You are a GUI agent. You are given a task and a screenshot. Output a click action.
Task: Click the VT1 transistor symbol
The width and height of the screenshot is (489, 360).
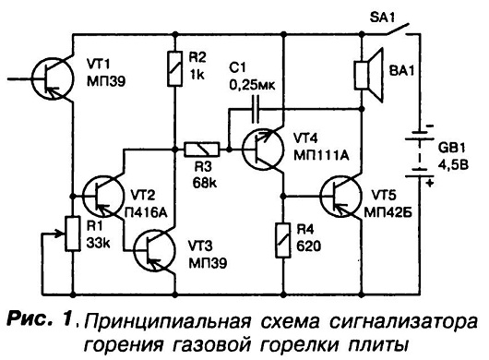(53, 78)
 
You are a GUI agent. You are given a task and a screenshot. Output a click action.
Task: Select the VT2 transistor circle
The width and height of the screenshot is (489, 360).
(103, 197)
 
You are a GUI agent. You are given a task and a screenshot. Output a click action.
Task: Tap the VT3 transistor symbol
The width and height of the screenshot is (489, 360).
(153, 249)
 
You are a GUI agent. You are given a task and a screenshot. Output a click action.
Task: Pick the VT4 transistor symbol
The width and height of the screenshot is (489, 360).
(263, 150)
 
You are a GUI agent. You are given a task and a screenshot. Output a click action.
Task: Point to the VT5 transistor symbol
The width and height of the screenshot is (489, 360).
(340, 197)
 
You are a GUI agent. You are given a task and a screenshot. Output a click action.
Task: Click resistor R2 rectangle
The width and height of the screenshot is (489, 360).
(175, 68)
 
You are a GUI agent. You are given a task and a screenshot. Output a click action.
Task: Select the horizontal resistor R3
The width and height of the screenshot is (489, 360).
(202, 150)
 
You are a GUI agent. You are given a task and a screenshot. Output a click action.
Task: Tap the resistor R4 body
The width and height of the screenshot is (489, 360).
(283, 240)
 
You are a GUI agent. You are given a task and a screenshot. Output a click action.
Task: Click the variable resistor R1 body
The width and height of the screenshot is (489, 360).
(72, 234)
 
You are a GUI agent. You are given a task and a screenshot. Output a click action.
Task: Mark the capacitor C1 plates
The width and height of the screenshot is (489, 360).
(256, 109)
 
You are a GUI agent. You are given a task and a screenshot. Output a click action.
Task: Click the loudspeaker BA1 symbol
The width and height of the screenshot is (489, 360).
(369, 75)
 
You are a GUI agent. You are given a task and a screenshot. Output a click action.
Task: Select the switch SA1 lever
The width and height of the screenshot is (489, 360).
(397, 29)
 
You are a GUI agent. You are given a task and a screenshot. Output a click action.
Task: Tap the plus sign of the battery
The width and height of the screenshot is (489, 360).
(430, 183)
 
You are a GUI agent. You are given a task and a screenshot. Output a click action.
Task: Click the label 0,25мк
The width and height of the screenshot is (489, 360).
(252, 85)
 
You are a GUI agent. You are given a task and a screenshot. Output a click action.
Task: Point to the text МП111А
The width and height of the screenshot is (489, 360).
(321, 155)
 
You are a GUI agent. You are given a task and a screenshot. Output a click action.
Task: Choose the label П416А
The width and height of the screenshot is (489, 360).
(146, 212)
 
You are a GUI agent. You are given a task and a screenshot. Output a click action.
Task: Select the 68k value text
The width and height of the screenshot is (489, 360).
(205, 183)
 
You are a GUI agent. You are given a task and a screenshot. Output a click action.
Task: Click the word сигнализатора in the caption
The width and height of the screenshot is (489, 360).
(403, 322)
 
